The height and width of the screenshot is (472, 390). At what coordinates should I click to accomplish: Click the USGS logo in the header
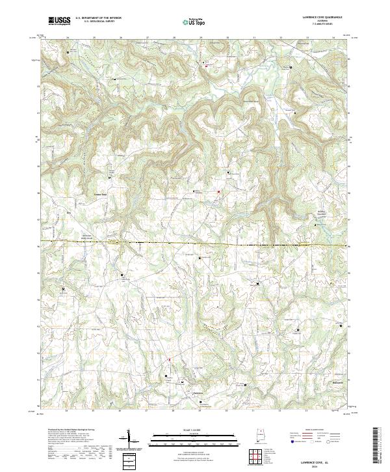tap(60, 21)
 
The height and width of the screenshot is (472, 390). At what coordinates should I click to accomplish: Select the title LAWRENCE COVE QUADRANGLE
tap(318, 18)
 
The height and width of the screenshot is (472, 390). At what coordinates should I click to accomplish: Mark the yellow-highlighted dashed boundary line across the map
tap(195, 244)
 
